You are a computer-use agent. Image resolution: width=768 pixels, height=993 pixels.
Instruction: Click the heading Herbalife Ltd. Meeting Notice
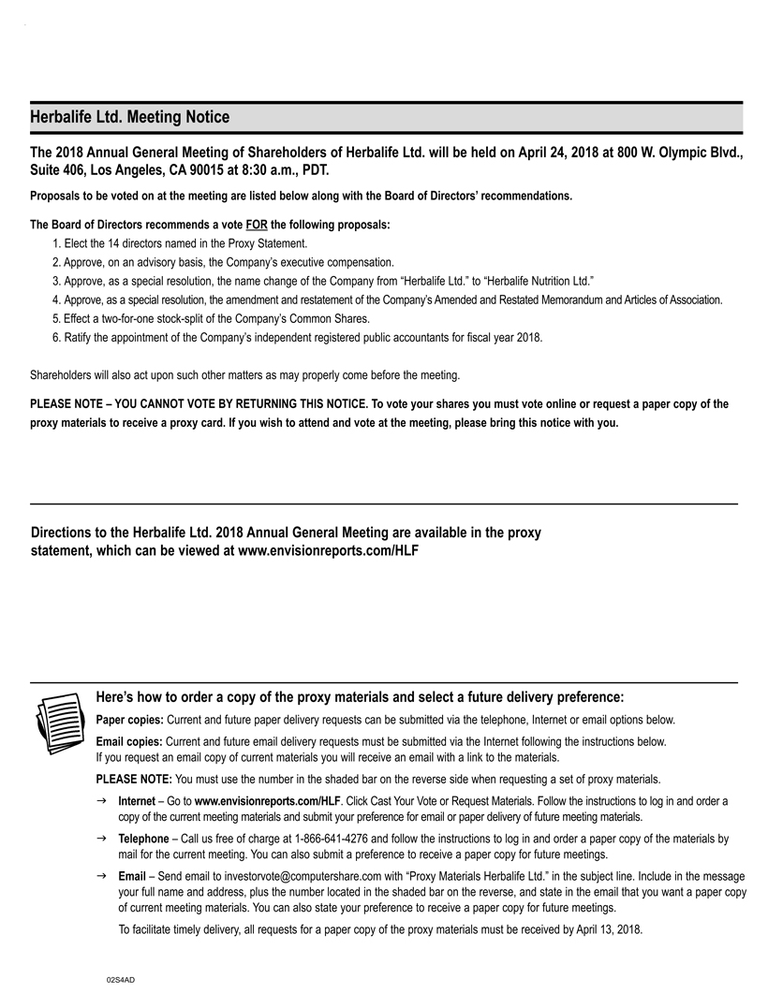tap(129, 117)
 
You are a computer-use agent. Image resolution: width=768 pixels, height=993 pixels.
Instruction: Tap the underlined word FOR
tap(257, 225)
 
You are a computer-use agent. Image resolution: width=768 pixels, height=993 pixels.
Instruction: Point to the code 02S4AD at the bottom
tap(121, 978)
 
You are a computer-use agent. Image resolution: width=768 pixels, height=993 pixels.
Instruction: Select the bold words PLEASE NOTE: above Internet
tap(134, 779)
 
